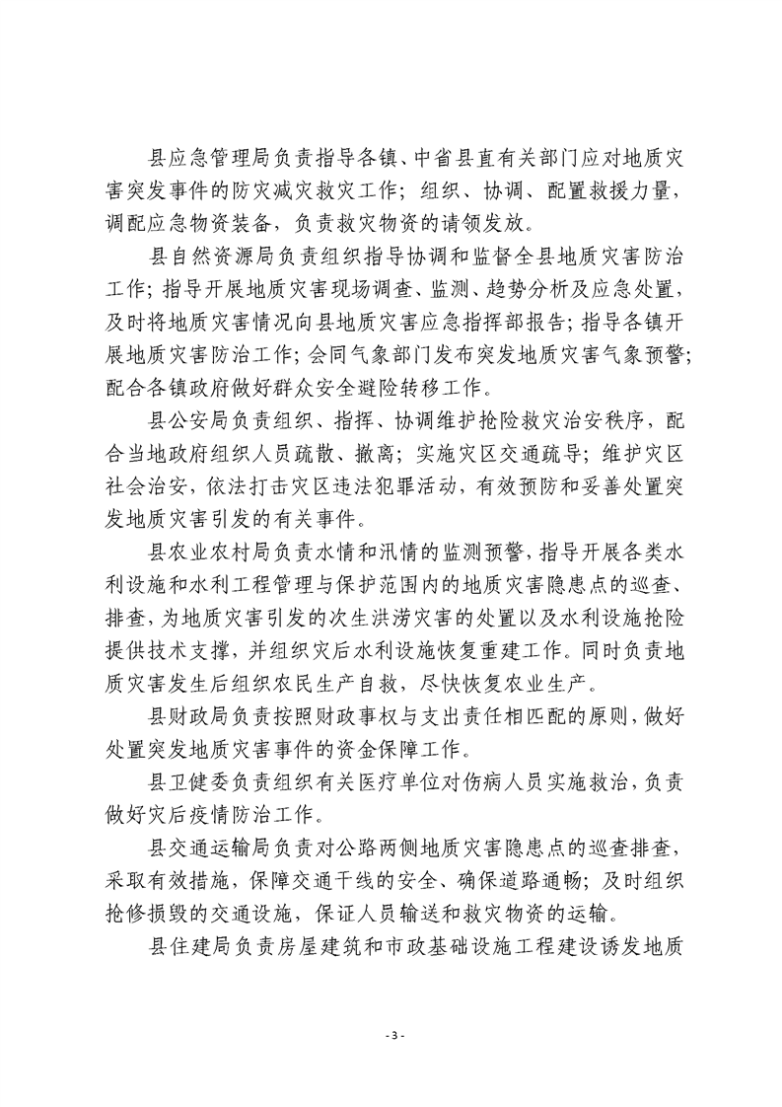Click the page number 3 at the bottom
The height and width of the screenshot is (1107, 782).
click(391, 1036)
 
